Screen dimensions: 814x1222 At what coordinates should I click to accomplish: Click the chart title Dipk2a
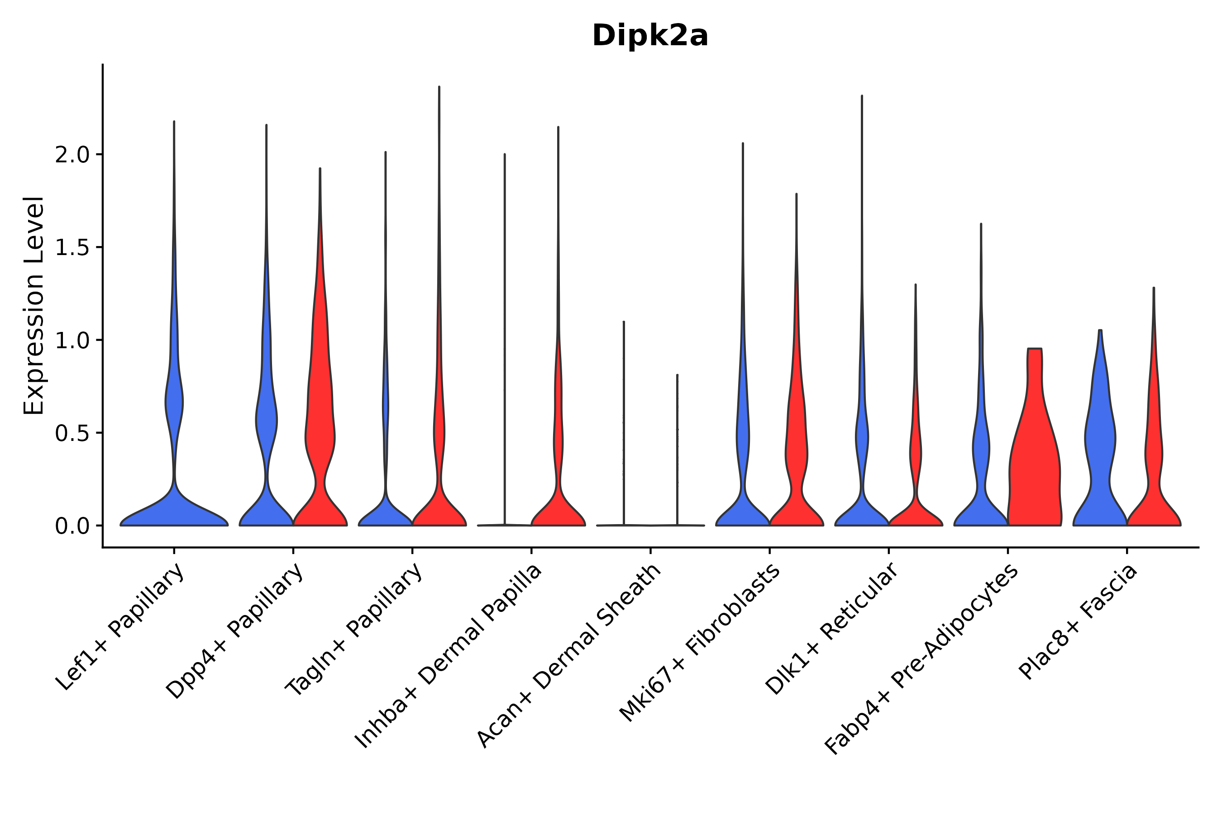(x=650, y=36)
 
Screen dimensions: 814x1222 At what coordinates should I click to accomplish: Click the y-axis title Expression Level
(x=34, y=305)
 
